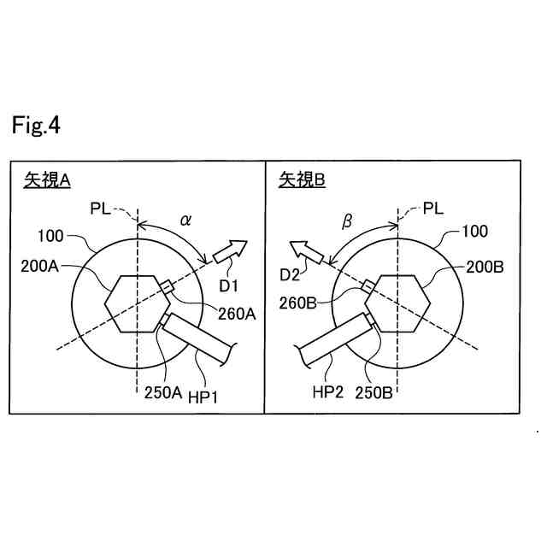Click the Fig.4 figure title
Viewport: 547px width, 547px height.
tap(36, 126)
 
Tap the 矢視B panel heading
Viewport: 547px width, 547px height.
tap(303, 179)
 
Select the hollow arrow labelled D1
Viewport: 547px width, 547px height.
tap(230, 250)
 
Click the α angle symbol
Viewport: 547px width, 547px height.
tap(185, 221)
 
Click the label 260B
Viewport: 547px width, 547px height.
tap(299, 303)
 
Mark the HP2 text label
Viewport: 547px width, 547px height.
tap(328, 391)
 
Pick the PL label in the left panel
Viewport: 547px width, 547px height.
tap(101, 208)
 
